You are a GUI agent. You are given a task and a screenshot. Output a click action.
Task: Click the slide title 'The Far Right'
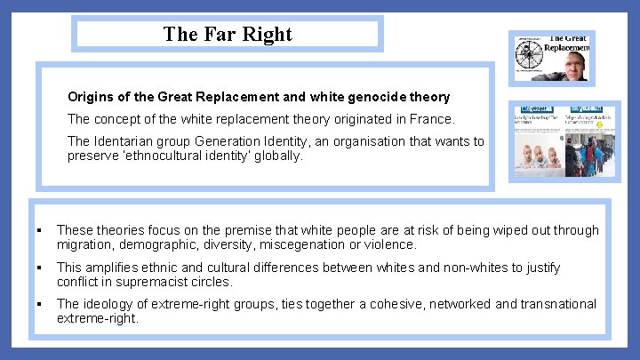228,35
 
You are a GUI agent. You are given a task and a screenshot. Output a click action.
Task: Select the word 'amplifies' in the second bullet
115,268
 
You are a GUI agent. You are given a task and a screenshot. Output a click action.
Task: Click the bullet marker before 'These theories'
42,231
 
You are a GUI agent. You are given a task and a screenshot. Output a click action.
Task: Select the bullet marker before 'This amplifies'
42,268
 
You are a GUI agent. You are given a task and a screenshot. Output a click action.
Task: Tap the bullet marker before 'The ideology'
42,305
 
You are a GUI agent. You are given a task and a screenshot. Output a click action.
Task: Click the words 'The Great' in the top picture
568,39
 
